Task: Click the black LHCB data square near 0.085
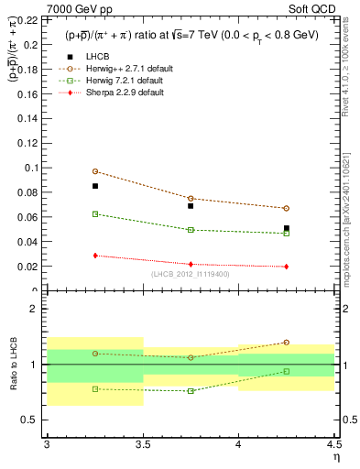tap(95, 186)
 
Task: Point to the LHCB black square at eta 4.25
tap(287, 228)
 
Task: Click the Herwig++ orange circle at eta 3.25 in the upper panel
tap(95, 171)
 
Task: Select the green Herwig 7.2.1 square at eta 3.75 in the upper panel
tap(191, 230)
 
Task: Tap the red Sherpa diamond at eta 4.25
tap(287, 267)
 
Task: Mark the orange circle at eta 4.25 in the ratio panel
tap(287, 343)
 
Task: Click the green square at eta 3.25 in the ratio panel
tap(95, 388)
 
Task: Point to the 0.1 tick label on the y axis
tap(35, 168)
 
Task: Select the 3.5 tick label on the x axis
tap(142, 444)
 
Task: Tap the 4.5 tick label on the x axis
tap(333, 444)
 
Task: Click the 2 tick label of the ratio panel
tap(38, 310)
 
